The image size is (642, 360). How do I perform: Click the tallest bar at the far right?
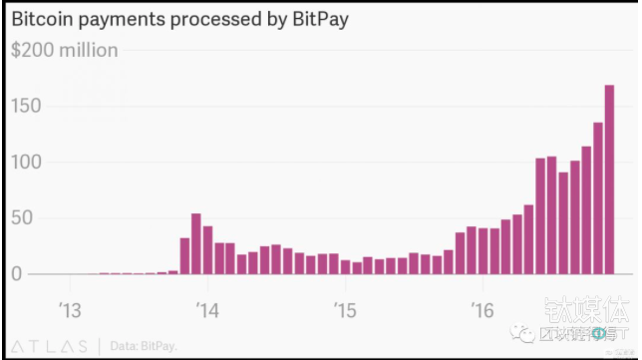[609, 180]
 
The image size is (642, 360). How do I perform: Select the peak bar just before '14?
[196, 244]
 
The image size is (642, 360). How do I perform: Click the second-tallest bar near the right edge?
[598, 198]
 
